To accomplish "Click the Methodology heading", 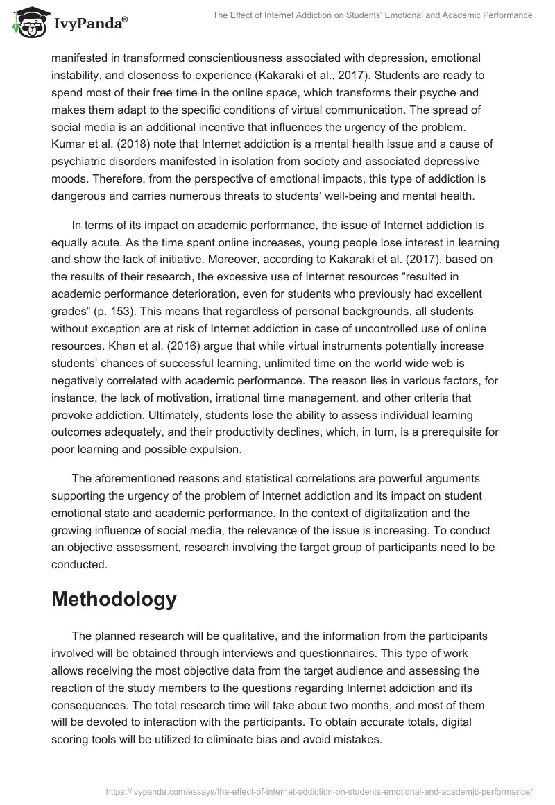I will [114, 599].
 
